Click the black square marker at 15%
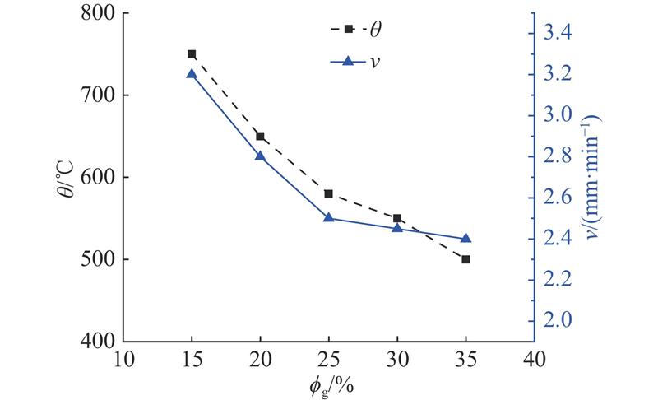pos(192,54)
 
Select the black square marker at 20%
pos(260,136)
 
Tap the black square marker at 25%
pos(329,193)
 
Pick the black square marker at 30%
pos(397,218)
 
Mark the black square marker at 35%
pos(466,259)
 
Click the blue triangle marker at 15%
pos(192,74)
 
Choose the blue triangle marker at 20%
pos(260,156)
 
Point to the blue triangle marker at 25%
pos(329,217)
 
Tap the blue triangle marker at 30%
pos(397,227)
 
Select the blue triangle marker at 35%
pos(466,238)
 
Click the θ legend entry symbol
pos(349,29)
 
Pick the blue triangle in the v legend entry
pos(349,60)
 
